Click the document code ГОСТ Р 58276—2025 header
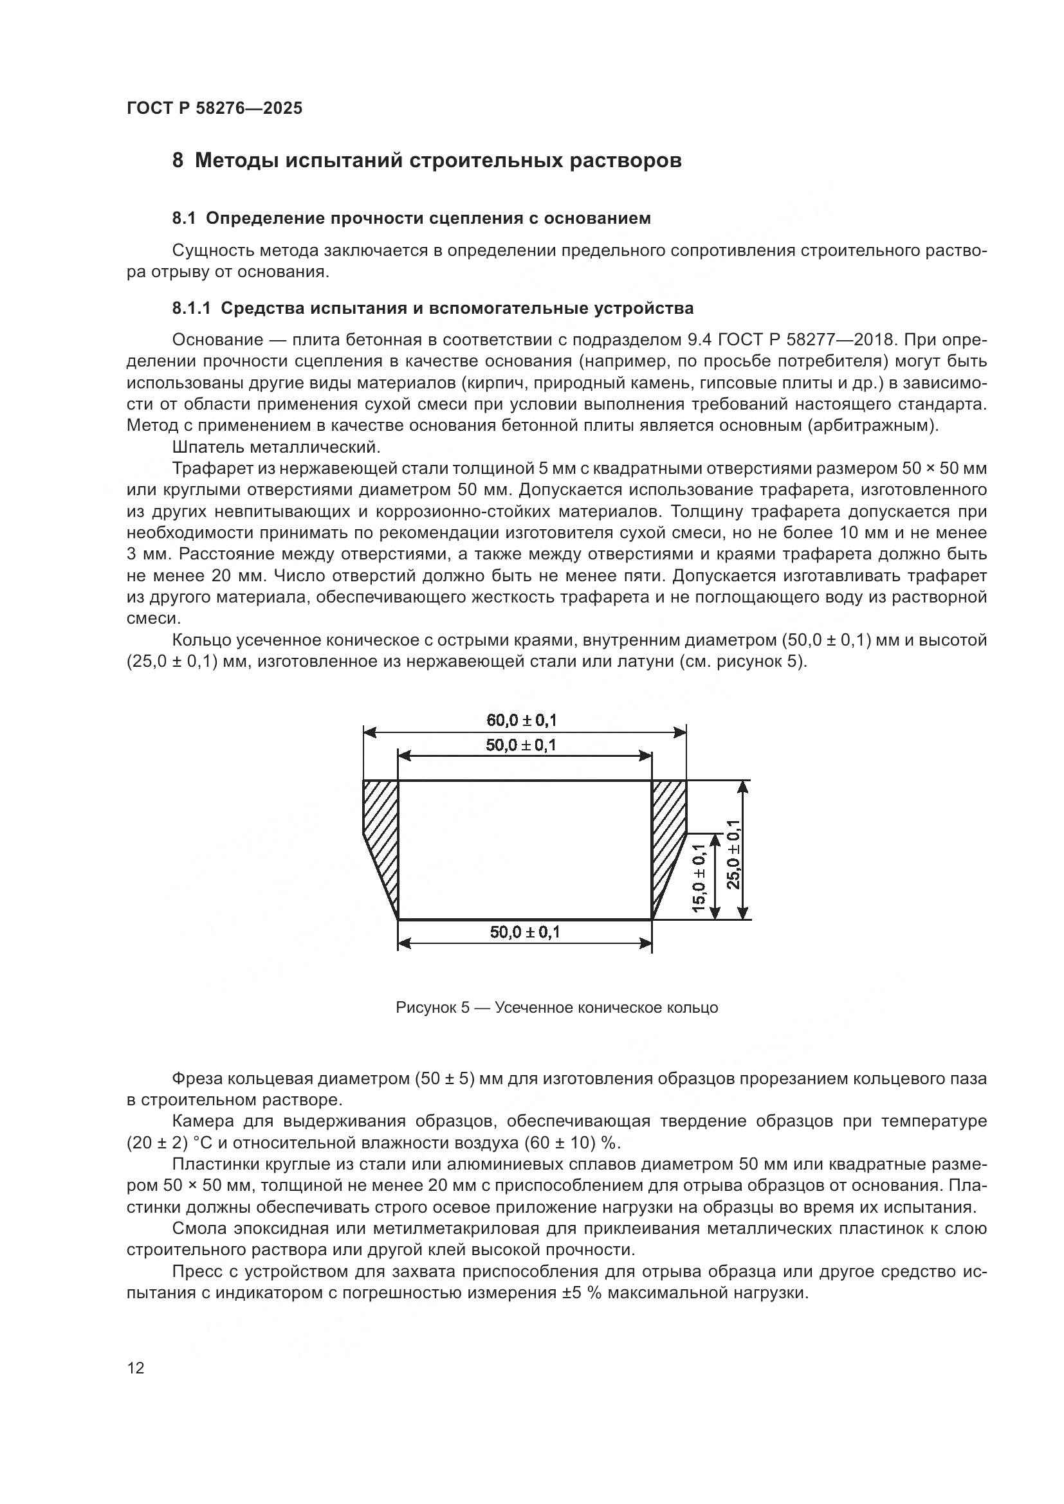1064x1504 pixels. [x=214, y=108]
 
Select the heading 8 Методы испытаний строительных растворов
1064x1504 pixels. [x=427, y=160]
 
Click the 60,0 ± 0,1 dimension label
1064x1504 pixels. [x=522, y=721]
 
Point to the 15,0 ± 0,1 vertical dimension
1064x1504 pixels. [x=699, y=878]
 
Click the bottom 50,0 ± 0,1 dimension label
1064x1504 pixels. [x=525, y=932]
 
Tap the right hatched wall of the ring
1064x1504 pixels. [x=668, y=832]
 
